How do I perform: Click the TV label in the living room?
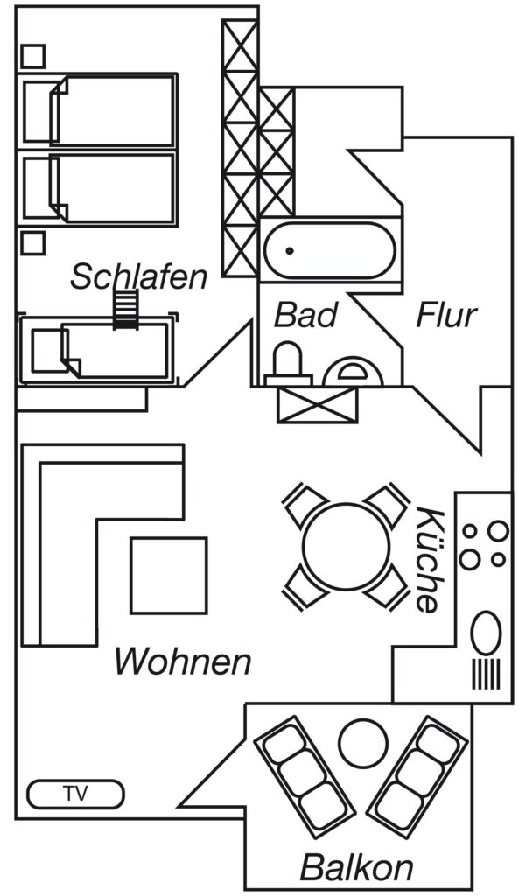pyautogui.click(x=75, y=794)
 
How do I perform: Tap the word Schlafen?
pyautogui.click(x=138, y=276)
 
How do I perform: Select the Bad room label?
pyautogui.click(x=305, y=315)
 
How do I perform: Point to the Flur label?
pyautogui.click(x=445, y=315)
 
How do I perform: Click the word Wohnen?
pyautogui.click(x=183, y=661)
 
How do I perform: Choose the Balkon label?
pyautogui.click(x=357, y=867)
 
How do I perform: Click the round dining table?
pyautogui.click(x=347, y=546)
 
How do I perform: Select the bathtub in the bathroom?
pyautogui.click(x=329, y=250)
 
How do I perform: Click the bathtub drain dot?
pyautogui.click(x=290, y=250)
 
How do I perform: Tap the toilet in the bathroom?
pyautogui.click(x=288, y=365)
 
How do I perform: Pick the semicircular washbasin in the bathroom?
pyautogui.click(x=353, y=372)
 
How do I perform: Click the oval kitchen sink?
pyautogui.click(x=486, y=633)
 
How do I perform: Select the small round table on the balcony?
pyautogui.click(x=363, y=742)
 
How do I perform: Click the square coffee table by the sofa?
pyautogui.click(x=168, y=576)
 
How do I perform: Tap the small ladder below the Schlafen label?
pyautogui.click(x=126, y=310)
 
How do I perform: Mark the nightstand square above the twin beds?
pyautogui.click(x=32, y=56)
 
